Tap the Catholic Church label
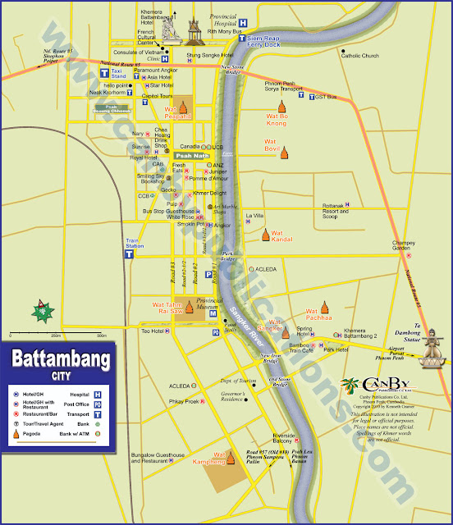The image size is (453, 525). [x=361, y=56]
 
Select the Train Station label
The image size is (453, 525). [x=134, y=244]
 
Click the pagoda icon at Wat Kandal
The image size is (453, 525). [x=265, y=235]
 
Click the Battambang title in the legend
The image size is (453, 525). [x=61, y=359]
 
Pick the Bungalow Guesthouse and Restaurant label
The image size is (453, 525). [x=159, y=458]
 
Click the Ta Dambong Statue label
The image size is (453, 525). [x=428, y=329]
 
